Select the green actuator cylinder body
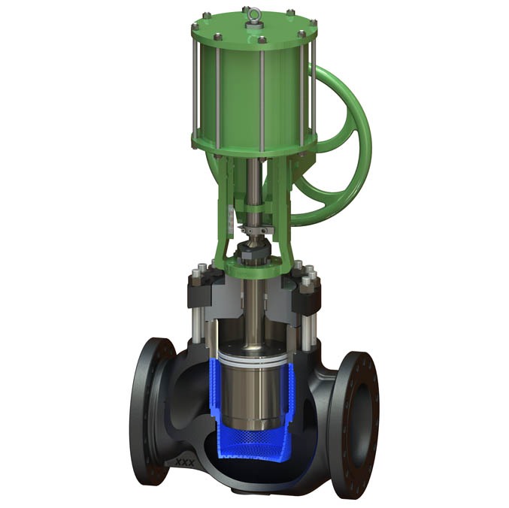tap(241, 90)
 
